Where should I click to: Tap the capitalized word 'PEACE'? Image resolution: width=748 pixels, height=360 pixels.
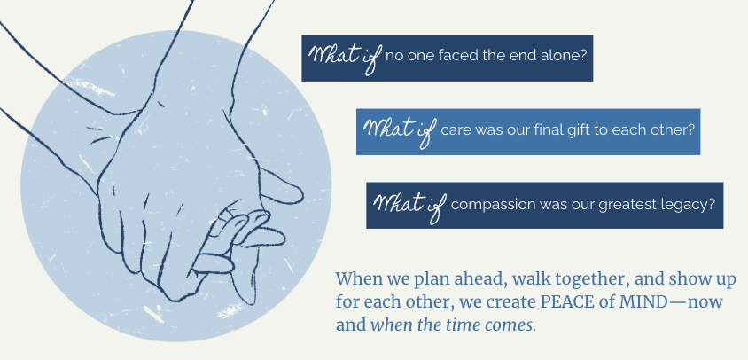pyautogui.click(x=564, y=302)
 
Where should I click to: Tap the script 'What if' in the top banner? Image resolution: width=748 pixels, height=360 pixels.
pyautogui.click(x=345, y=58)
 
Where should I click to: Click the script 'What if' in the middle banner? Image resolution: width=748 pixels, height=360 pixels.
pyautogui.click(x=400, y=131)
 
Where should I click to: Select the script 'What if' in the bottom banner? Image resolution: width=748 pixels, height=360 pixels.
pyautogui.click(x=409, y=206)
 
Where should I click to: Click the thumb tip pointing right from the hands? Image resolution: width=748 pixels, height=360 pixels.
pyautogui.click(x=301, y=195)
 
